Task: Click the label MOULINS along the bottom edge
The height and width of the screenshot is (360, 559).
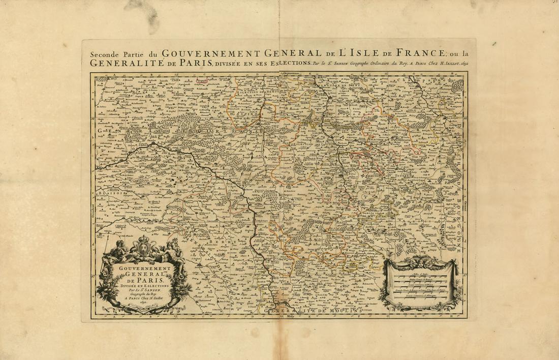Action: point(343,310)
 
